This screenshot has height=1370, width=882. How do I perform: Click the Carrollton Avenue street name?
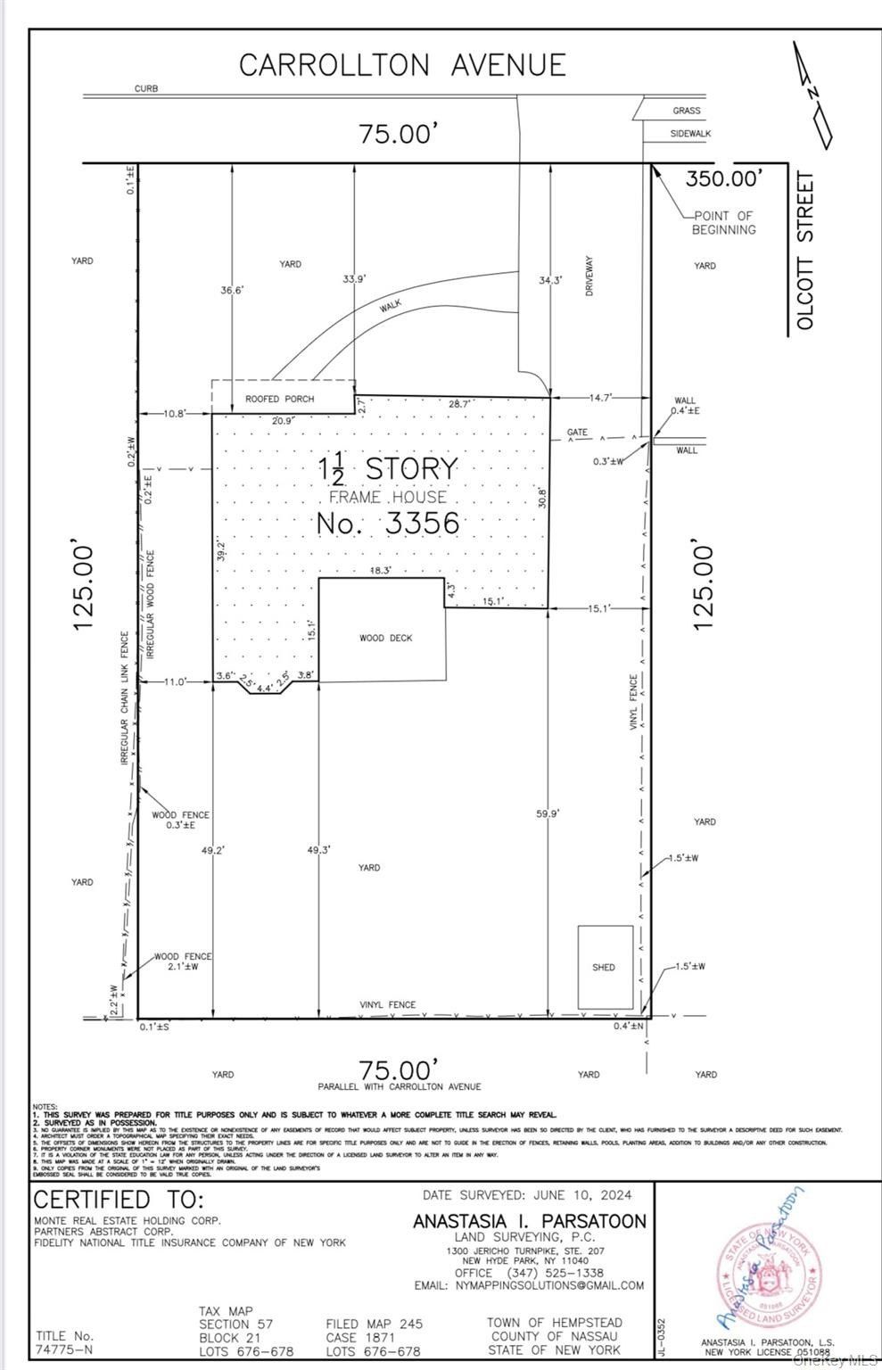[402, 65]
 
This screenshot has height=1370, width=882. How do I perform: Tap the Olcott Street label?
[805, 252]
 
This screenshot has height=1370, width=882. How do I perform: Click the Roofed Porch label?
[280, 399]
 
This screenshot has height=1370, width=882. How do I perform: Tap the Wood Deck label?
[386, 638]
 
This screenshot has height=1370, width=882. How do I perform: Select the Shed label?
[604, 967]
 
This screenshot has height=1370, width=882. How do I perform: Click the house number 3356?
[387, 523]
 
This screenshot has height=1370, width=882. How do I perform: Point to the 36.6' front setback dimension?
[231, 290]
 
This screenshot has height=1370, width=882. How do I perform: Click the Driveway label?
[589, 276]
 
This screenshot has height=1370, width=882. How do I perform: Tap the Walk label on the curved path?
[391, 305]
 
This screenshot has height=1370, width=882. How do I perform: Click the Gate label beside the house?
[577, 433]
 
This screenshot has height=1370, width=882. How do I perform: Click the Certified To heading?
[119, 1199]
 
